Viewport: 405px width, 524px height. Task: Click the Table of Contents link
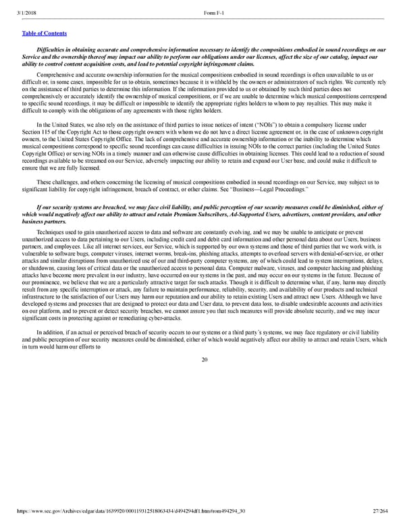pos(45,32)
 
